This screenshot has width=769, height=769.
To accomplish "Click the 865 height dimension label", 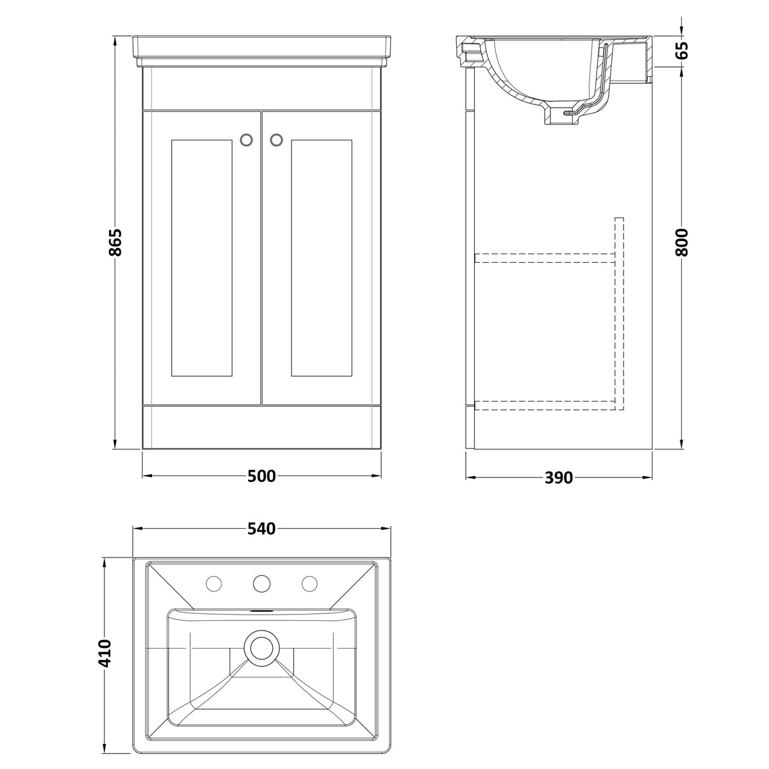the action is tap(115, 242).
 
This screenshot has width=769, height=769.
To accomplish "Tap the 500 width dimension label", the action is tap(261, 476).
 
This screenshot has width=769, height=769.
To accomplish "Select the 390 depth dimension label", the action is tap(559, 477).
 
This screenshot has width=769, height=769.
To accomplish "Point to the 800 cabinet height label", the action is tap(682, 242).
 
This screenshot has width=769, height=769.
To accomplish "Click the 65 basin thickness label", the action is tap(682, 50).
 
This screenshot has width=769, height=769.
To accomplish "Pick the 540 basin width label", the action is tap(261, 529).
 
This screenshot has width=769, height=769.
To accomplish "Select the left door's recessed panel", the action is tap(201, 258).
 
